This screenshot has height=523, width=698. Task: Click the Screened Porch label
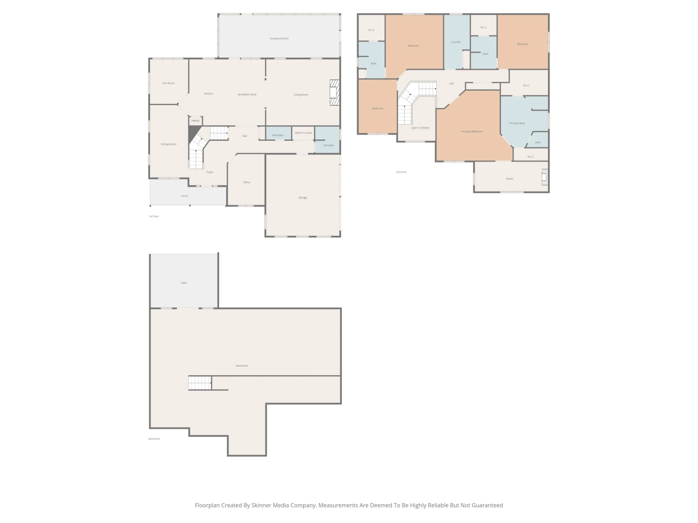pos(279,38)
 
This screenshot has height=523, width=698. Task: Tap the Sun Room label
pos(168,83)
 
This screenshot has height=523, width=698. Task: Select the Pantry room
pos(196,121)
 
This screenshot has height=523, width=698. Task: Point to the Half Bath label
pos(278,135)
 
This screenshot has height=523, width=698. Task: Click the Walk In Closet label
pos(303,133)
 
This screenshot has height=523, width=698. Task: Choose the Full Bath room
pos(327,140)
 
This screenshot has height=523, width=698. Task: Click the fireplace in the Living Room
pos(334,93)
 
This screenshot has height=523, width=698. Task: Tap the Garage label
pos(303,198)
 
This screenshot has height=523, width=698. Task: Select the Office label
pos(246,182)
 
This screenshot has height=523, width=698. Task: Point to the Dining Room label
pos(169,144)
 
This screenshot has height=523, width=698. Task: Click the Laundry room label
pos(456,42)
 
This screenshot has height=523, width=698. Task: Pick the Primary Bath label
pos(517,123)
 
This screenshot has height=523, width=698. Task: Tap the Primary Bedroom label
pos(472,131)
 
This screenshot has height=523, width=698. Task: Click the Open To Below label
pos(420,128)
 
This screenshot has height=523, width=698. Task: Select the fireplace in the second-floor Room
pos(545,177)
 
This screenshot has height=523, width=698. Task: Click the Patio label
pos(184,283)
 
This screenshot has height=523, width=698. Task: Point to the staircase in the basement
pos(200,383)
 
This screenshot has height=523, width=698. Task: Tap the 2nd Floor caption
pos(402,172)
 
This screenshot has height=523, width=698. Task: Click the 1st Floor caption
pos(154,216)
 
